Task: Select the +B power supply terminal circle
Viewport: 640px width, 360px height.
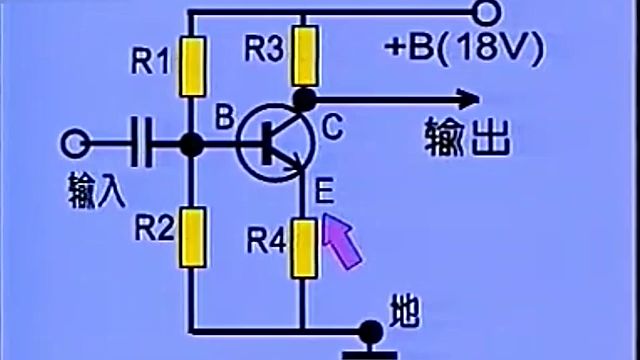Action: coord(486,12)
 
